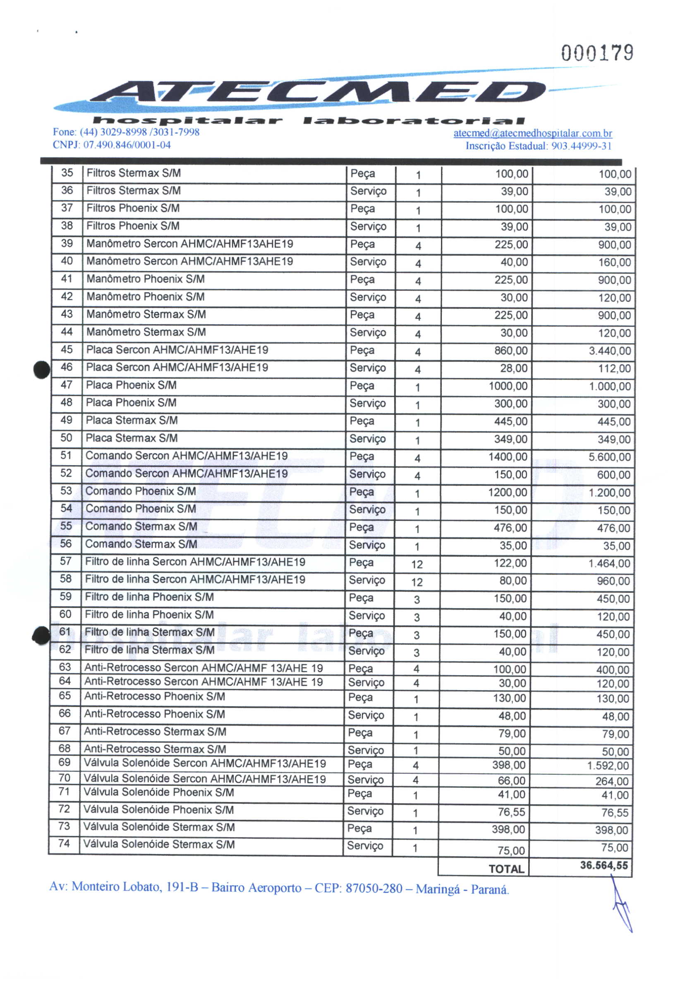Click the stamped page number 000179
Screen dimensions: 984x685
point(597,53)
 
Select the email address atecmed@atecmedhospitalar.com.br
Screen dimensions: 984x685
point(532,133)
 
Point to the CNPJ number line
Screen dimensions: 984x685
point(111,145)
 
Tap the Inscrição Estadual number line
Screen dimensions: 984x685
point(538,146)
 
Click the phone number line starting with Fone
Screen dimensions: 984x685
point(126,132)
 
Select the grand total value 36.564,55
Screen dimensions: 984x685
point(604,865)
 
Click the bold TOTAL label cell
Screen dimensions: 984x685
point(506,868)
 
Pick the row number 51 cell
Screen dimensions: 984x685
point(66,455)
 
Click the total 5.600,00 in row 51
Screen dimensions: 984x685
point(609,457)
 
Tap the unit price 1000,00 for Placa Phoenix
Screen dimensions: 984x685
point(508,386)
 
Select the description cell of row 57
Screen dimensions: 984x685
point(195,561)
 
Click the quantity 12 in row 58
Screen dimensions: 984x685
point(417,582)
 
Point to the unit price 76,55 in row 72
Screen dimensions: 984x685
point(511,812)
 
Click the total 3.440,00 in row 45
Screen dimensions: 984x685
point(610,351)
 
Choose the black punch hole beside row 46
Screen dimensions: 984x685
point(42,370)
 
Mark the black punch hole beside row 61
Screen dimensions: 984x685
point(41,635)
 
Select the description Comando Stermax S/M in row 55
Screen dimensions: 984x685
point(141,526)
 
